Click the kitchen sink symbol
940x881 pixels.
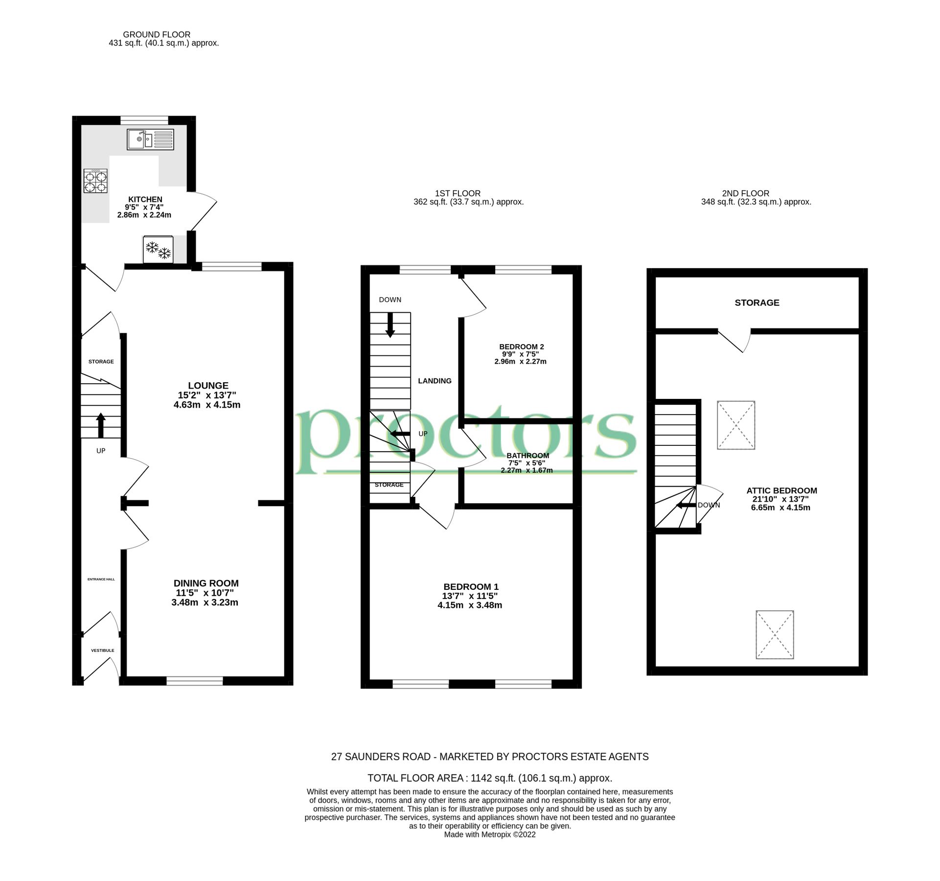coord(150,139)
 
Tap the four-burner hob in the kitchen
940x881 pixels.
coord(95,181)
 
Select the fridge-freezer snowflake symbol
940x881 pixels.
coord(158,250)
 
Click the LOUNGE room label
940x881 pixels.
coord(208,386)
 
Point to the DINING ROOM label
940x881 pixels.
coord(206,583)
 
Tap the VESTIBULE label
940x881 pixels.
coord(102,650)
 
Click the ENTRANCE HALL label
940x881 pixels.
coord(101,580)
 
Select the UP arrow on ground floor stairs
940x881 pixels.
coord(101,425)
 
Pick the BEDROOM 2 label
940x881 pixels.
coord(521,347)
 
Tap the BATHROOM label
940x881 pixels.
coord(527,456)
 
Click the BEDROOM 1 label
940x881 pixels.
coord(471,587)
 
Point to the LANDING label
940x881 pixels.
coord(435,381)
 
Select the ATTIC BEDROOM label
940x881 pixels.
coord(781,490)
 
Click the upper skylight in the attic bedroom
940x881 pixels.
coord(736,425)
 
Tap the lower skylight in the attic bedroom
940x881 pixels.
coord(775,634)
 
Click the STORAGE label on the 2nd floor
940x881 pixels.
coord(757,302)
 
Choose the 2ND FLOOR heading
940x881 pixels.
coord(745,193)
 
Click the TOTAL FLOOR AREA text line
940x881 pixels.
coord(489,778)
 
